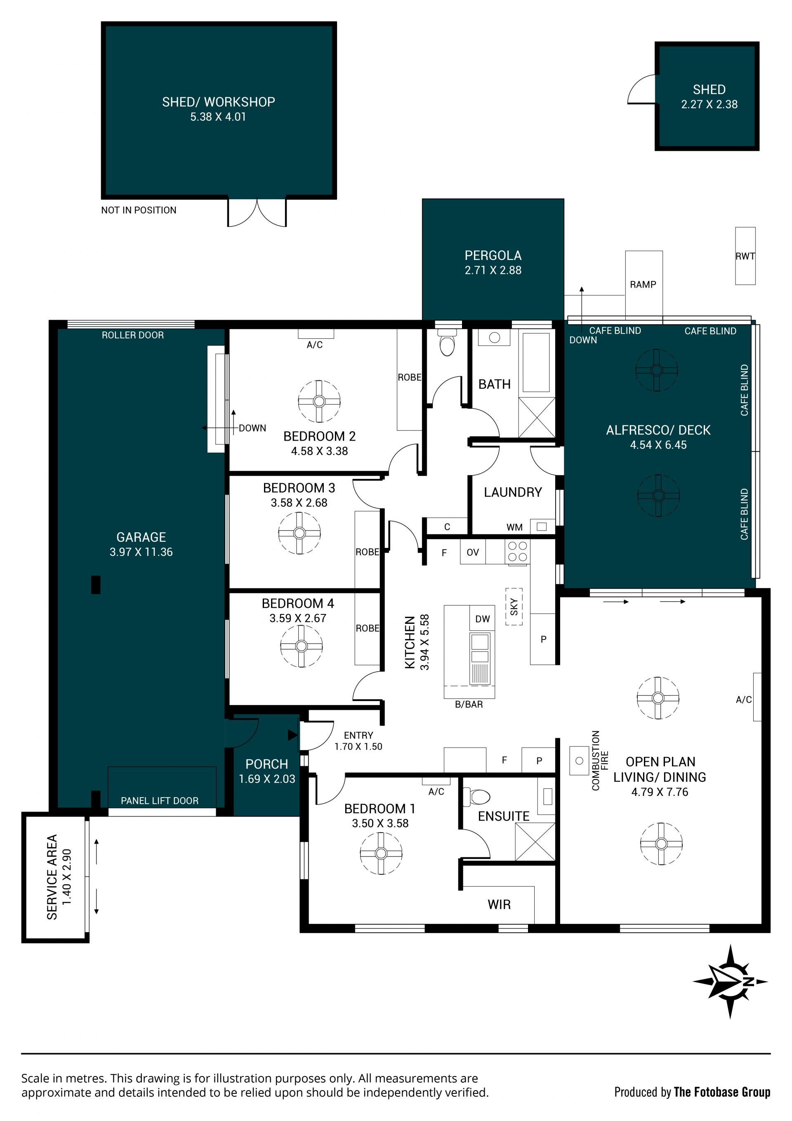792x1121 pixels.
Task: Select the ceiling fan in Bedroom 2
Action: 319,401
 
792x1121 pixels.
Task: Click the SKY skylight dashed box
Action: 514,607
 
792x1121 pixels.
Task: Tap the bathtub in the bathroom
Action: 536,362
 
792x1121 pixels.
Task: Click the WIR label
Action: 499,905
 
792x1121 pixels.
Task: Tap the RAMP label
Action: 643,284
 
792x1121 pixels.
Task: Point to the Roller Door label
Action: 132,335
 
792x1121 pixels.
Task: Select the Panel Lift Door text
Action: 160,801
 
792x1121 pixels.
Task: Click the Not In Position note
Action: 139,210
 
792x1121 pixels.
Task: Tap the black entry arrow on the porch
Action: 292,735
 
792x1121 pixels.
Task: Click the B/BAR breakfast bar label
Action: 469,705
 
